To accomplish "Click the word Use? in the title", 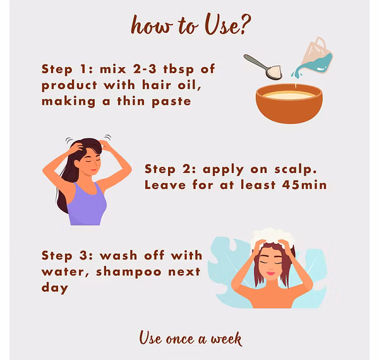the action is click(x=227, y=25).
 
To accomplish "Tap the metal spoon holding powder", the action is click(x=263, y=67).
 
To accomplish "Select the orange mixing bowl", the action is click(x=289, y=104).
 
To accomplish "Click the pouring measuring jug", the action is click(x=314, y=57).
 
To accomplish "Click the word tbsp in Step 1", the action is click(x=179, y=69).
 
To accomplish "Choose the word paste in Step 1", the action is click(x=171, y=102).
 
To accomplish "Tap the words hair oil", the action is click(x=172, y=85).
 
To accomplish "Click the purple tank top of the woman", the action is click(x=87, y=205).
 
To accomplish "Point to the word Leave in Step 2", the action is click(x=165, y=185).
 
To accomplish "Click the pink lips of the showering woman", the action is click(x=271, y=273).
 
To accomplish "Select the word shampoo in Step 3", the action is click(x=129, y=272).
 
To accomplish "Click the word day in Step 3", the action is click(x=54, y=288).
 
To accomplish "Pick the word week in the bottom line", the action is click(x=226, y=339).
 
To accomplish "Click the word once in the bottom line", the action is click(x=180, y=339).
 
